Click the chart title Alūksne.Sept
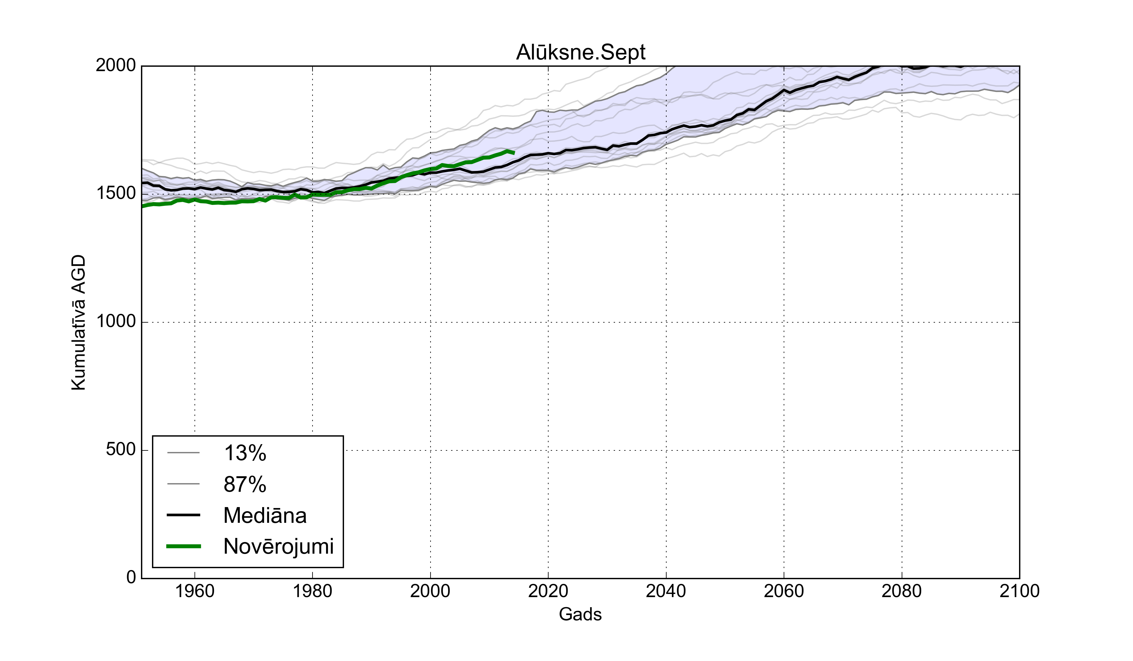pos(580,53)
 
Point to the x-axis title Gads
pos(580,614)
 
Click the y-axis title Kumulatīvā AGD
pos(78,322)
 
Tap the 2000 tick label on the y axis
pos(116,66)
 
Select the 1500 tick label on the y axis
pos(116,194)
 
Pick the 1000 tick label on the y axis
pos(116,322)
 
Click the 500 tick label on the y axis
pos(121,450)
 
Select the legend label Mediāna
pos(265,515)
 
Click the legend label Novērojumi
pos(278,547)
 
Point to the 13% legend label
pos(245,453)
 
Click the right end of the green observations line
pos(514,153)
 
